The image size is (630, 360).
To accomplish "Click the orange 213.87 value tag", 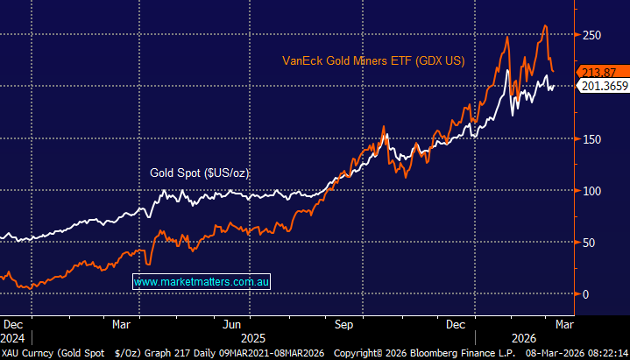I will click(x=599, y=71).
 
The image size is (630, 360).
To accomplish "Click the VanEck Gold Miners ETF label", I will click(x=372, y=61).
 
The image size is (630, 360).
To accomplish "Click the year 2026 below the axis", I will click(x=524, y=336).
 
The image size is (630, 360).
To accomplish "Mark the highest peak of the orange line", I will click(x=545, y=26).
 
